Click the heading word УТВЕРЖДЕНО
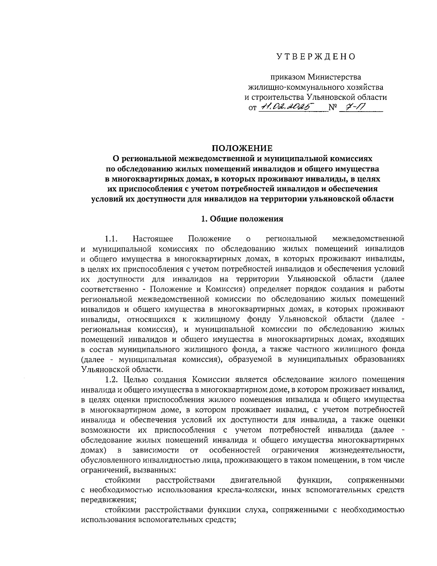(315, 56)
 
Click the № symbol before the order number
(332, 108)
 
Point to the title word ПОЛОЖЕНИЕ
(242, 148)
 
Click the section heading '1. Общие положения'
(242, 219)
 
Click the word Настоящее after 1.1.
(153, 239)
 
